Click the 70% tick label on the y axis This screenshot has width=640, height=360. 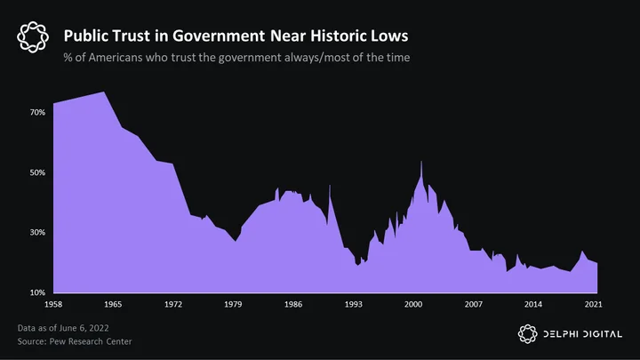tap(37, 112)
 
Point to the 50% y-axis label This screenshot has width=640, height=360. tap(37, 172)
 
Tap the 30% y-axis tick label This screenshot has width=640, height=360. tap(37, 232)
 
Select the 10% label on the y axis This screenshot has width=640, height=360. tap(37, 292)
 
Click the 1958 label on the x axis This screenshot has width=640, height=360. tap(53, 304)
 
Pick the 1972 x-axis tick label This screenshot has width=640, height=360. tap(173, 304)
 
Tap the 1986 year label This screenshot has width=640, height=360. tap(293, 304)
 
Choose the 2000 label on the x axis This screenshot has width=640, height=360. tap(413, 304)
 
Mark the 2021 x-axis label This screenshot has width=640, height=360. tap(593, 304)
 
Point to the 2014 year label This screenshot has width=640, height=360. tap(533, 304)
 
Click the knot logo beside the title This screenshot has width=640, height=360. tap(33, 37)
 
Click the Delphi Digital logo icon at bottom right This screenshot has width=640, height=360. tap(527, 334)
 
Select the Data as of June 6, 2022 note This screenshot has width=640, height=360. tap(63, 328)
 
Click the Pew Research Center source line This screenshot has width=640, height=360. tap(75, 341)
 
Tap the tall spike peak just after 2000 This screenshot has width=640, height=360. tap(421, 162)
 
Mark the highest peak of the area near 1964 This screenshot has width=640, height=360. tap(104, 92)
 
